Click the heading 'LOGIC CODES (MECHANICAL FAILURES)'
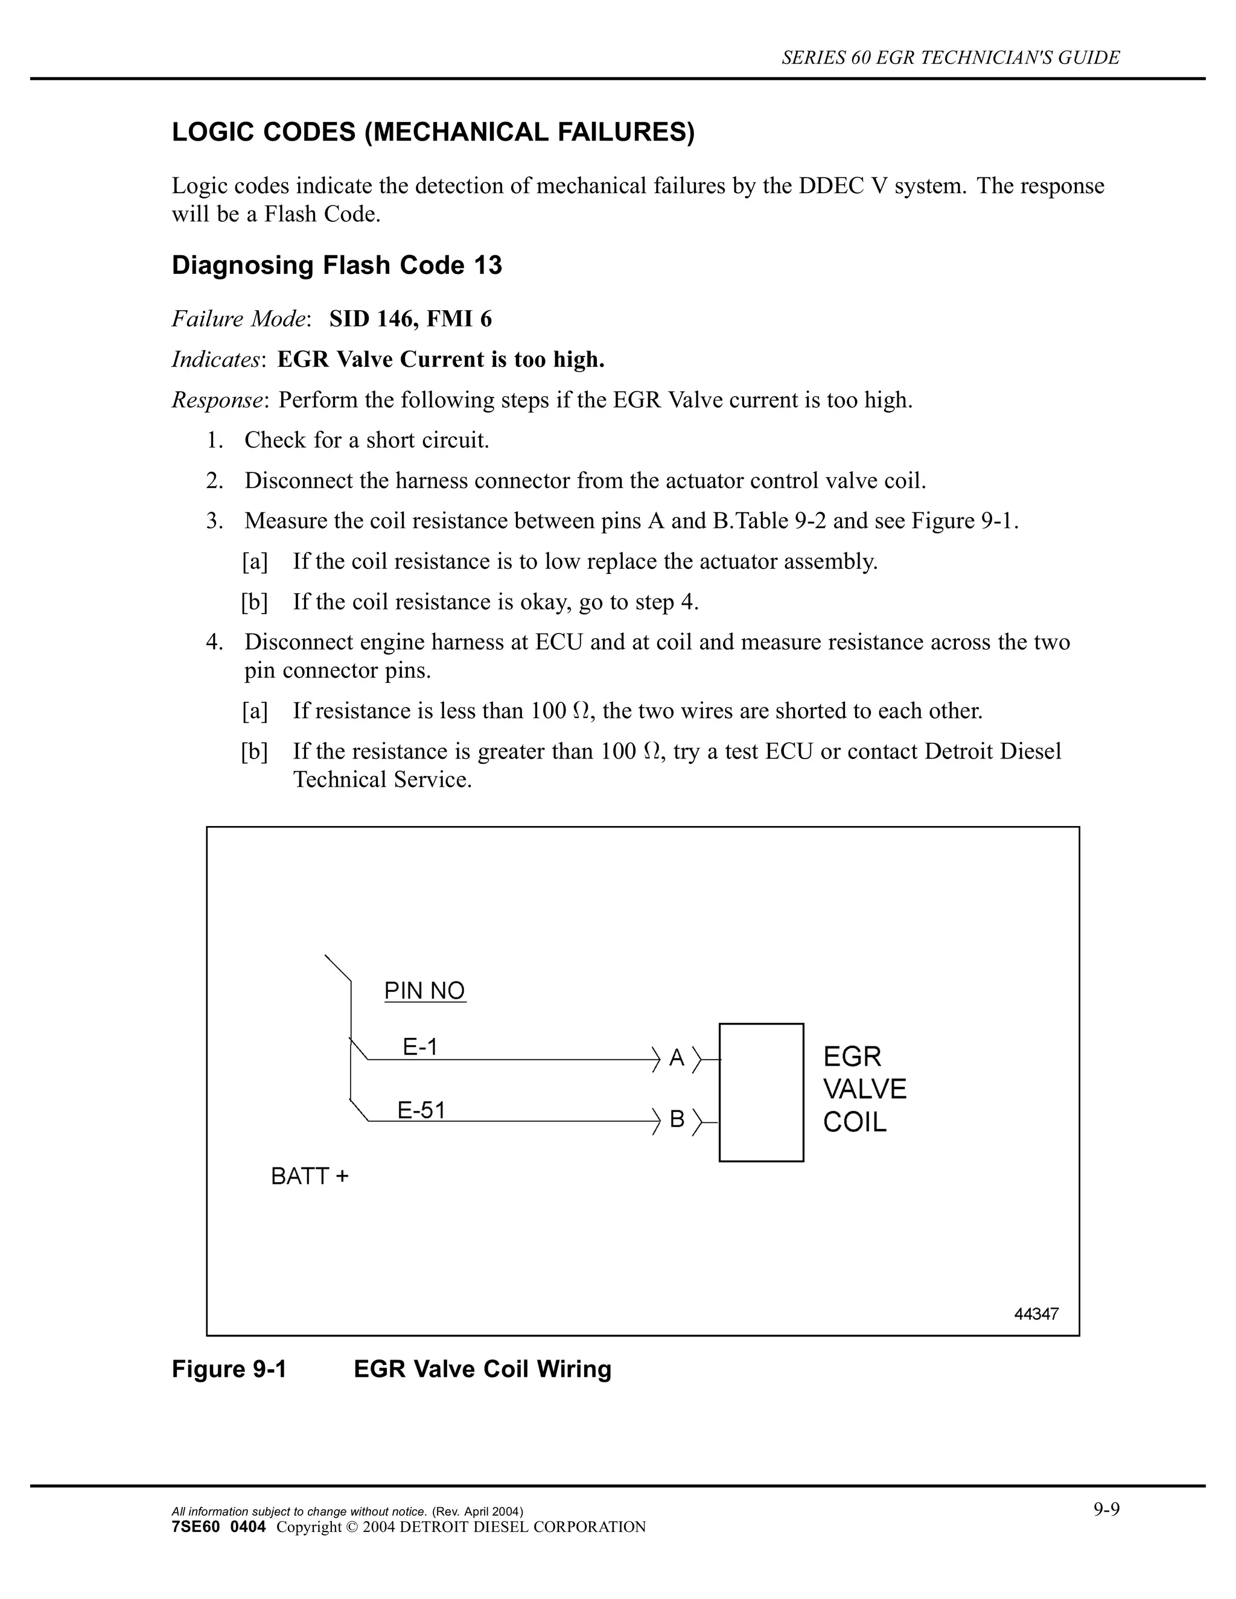(x=433, y=133)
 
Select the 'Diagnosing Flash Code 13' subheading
(x=337, y=265)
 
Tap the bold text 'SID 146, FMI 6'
(x=410, y=319)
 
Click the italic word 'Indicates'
(x=216, y=360)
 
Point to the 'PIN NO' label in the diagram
(x=425, y=991)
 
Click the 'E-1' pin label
(x=420, y=1047)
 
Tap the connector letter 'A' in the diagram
(x=677, y=1058)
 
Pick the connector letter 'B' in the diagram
(x=677, y=1119)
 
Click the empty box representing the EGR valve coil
(x=761, y=1092)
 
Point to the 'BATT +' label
(x=310, y=1177)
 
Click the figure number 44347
(x=1036, y=1314)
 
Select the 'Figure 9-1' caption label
(x=229, y=1369)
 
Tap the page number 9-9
(x=1107, y=1510)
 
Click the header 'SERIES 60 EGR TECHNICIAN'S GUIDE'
(x=951, y=58)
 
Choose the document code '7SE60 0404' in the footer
(x=218, y=1527)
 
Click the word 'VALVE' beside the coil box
(x=865, y=1089)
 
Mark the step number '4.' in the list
(x=214, y=642)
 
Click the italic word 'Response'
(x=217, y=399)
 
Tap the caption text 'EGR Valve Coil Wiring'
(x=482, y=1369)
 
